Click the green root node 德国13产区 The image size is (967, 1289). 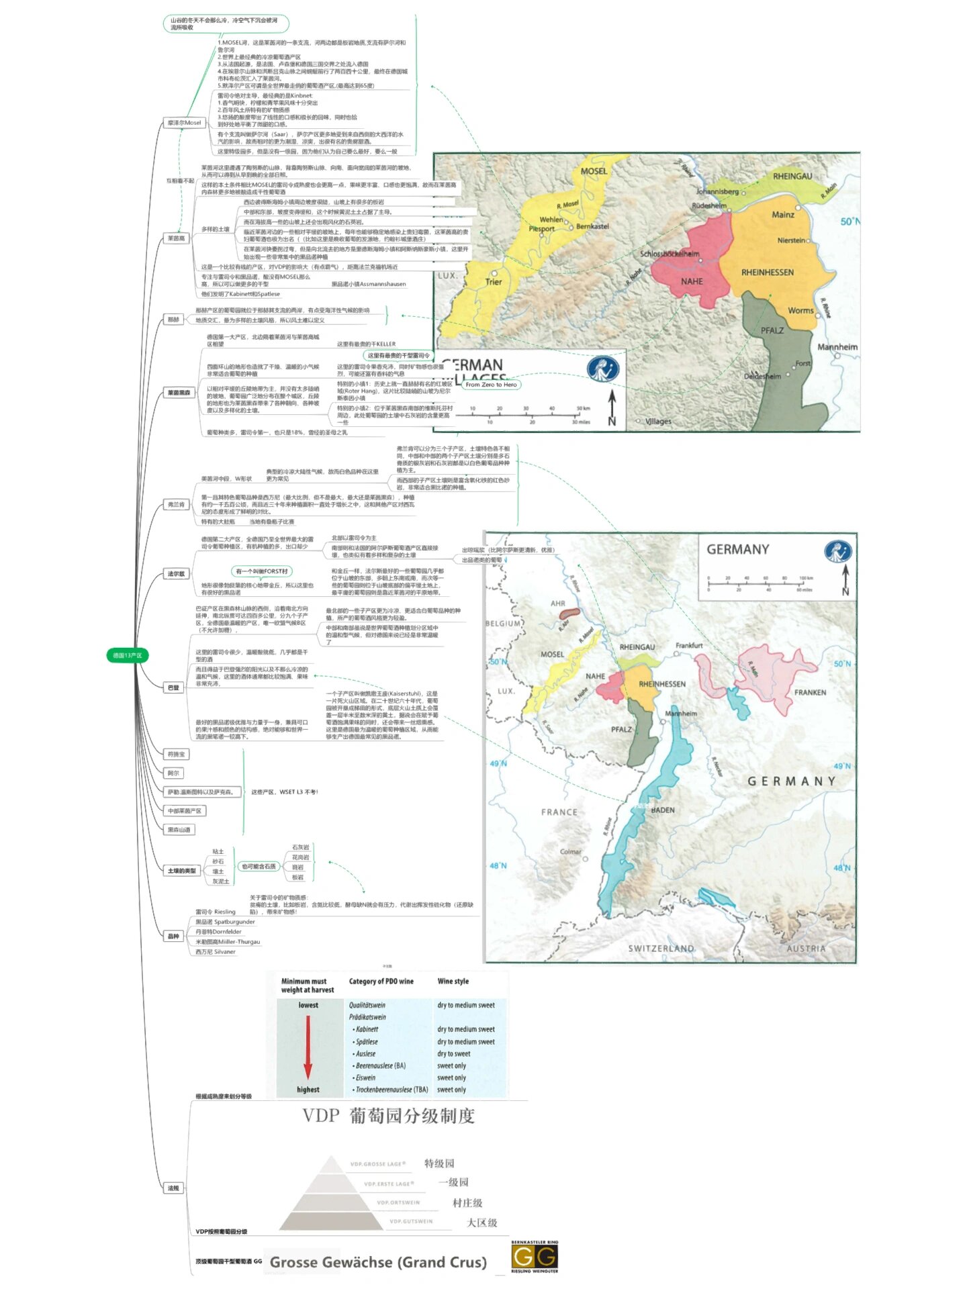[x=127, y=655]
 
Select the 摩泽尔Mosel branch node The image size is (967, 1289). [x=184, y=123]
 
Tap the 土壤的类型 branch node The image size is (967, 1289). [x=181, y=871]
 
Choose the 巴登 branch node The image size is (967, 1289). [x=173, y=687]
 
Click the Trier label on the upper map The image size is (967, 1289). [x=494, y=282]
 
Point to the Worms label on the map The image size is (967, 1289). [x=800, y=311]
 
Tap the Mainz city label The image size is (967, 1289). [x=782, y=215]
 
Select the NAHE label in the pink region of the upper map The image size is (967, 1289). [x=692, y=281]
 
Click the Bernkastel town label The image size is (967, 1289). [x=592, y=226]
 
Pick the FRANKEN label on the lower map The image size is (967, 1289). [x=810, y=692]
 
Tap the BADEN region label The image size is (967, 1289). [x=662, y=810]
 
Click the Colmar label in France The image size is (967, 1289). [x=570, y=852]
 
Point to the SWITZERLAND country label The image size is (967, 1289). [x=661, y=949]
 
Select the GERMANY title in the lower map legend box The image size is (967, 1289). [x=737, y=550]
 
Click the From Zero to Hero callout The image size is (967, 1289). [x=491, y=385]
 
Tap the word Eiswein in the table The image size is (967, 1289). [x=365, y=1078]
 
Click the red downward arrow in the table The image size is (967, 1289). [x=308, y=1047]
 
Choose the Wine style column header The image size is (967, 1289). [x=453, y=982]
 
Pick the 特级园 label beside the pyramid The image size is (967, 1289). [x=439, y=1163]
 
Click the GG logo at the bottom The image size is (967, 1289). [x=535, y=1257]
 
